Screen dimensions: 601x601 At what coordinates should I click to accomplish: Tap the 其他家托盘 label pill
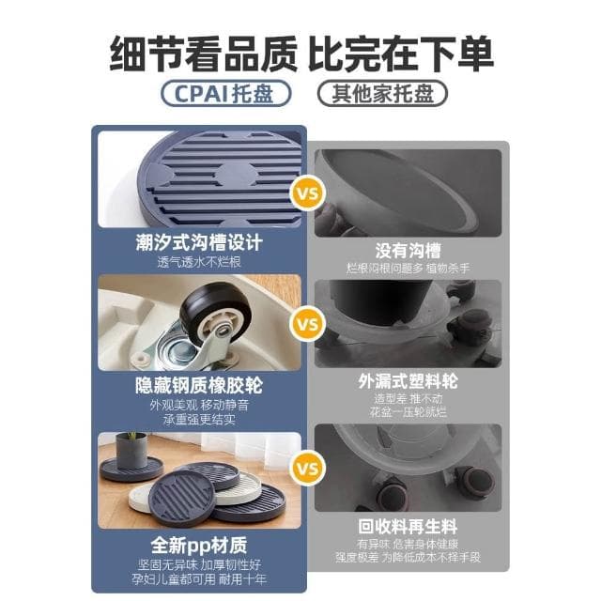click(x=381, y=94)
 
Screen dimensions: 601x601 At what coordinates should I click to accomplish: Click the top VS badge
click(x=303, y=198)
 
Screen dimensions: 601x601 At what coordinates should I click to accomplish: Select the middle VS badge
click(x=303, y=325)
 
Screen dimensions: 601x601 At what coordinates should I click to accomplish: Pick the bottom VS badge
click(x=303, y=467)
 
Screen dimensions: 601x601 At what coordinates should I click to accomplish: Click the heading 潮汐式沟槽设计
click(x=198, y=242)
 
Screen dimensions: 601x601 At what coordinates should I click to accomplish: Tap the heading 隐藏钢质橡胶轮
click(x=198, y=385)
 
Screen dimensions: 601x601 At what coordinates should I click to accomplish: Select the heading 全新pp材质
click(x=198, y=545)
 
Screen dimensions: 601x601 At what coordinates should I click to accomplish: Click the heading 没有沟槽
click(x=408, y=250)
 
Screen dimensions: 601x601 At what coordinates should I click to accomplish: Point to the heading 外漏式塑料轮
click(x=408, y=382)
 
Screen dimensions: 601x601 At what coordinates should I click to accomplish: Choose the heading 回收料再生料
click(x=408, y=525)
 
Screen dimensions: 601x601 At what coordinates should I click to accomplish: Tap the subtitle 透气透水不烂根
click(x=198, y=263)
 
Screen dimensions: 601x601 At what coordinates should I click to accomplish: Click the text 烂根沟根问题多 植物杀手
click(x=408, y=269)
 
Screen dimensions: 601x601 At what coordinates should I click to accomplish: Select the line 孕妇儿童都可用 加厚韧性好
click(x=198, y=580)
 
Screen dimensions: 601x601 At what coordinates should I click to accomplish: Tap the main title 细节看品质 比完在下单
click(x=300, y=49)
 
